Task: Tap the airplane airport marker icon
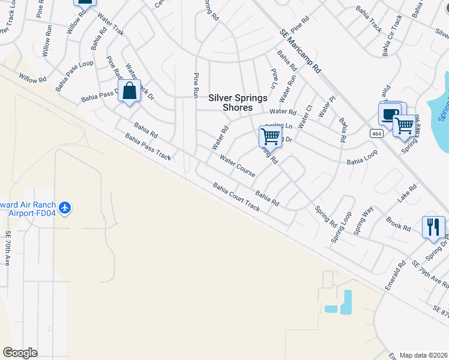65,209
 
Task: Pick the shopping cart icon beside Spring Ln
270,136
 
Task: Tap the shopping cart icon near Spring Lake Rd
405,125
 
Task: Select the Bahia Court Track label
236,198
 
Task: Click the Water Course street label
238,166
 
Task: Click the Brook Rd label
398,224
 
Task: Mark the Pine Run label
195,85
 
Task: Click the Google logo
20,353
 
